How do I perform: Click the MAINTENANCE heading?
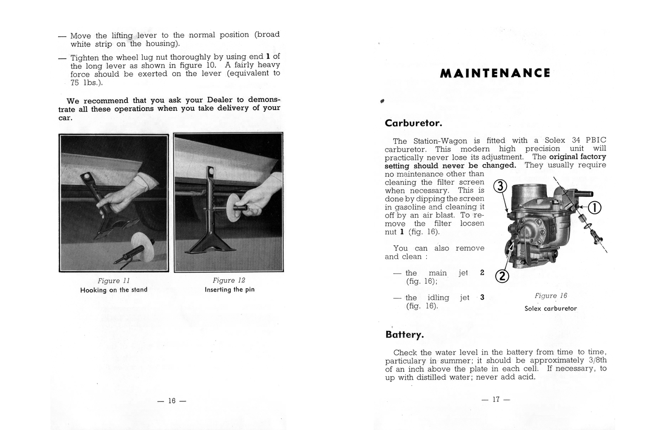click(x=495, y=73)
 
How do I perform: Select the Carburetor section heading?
click(x=413, y=123)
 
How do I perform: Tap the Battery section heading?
click(x=404, y=334)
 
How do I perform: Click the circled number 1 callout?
click(x=594, y=208)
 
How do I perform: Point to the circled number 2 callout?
click(x=502, y=276)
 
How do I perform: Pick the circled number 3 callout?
click(x=500, y=187)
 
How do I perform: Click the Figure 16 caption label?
click(x=551, y=296)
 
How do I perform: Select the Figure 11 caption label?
click(x=113, y=281)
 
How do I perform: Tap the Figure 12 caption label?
click(x=229, y=280)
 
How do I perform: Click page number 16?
click(x=172, y=401)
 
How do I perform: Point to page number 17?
click(x=496, y=399)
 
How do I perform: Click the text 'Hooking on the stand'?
click(x=113, y=290)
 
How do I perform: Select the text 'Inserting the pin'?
click(x=229, y=290)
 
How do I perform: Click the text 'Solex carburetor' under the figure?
click(x=551, y=308)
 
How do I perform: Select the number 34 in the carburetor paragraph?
click(x=576, y=140)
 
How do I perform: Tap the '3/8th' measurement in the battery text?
click(x=598, y=360)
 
